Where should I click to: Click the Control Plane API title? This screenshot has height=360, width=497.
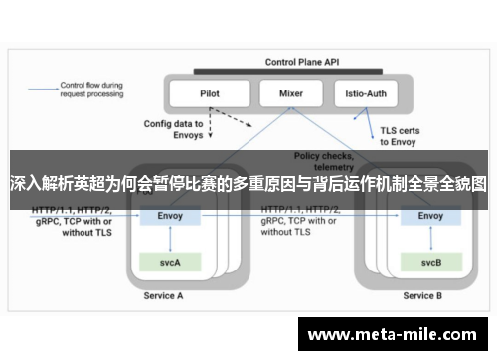(x=302, y=62)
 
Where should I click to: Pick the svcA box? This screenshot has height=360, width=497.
(x=171, y=261)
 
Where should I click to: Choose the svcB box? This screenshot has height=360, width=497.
(x=430, y=261)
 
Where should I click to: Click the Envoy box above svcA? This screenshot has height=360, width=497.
(x=171, y=216)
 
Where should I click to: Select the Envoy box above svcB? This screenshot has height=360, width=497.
(x=430, y=216)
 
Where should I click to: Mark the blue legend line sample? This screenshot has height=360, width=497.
(x=41, y=88)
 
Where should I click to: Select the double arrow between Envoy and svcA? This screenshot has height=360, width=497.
(x=171, y=239)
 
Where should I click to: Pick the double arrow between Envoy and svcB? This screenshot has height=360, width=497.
(x=430, y=239)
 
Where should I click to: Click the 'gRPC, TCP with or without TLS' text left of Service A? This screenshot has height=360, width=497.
(x=73, y=224)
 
